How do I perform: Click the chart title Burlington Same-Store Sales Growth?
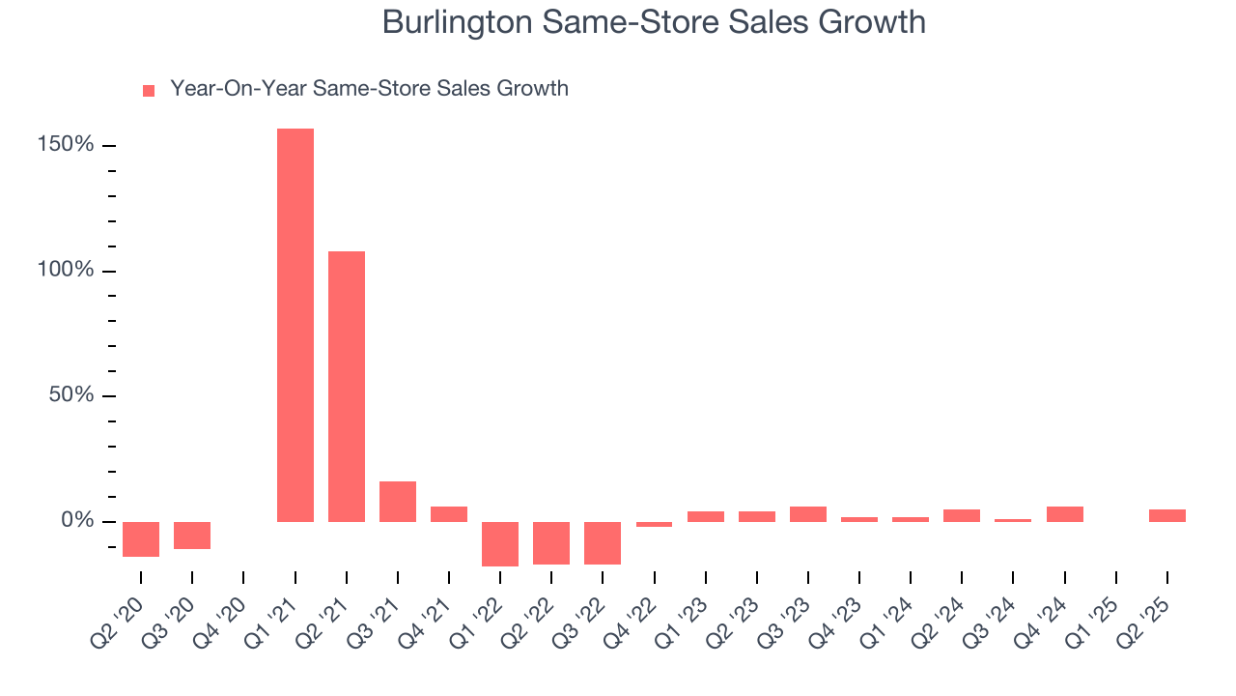point(654,21)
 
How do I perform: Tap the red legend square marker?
point(149,90)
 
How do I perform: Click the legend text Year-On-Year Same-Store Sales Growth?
point(369,89)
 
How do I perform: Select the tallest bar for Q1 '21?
point(295,325)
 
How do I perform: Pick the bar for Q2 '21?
point(347,387)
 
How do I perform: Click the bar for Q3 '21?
point(398,502)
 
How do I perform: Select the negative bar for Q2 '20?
point(141,539)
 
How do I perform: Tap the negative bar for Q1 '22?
point(500,544)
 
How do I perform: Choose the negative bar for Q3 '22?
point(603,543)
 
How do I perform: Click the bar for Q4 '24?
point(1065,514)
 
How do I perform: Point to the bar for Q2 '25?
point(1167,515)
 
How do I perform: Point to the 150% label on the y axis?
point(67,145)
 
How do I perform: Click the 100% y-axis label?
point(67,270)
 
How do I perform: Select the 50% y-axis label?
point(71,395)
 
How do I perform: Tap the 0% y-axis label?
point(76,521)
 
